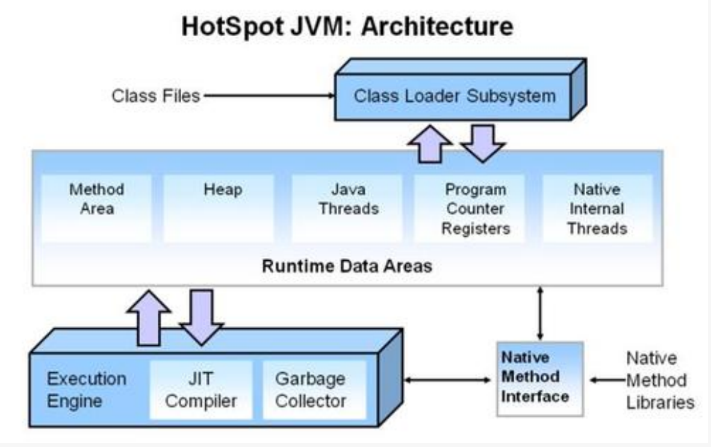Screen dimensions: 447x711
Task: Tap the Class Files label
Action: [155, 96]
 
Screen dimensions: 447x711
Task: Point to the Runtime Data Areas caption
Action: [347, 266]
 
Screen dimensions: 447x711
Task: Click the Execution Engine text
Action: [87, 389]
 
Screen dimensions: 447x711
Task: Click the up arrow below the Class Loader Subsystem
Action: [429, 146]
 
